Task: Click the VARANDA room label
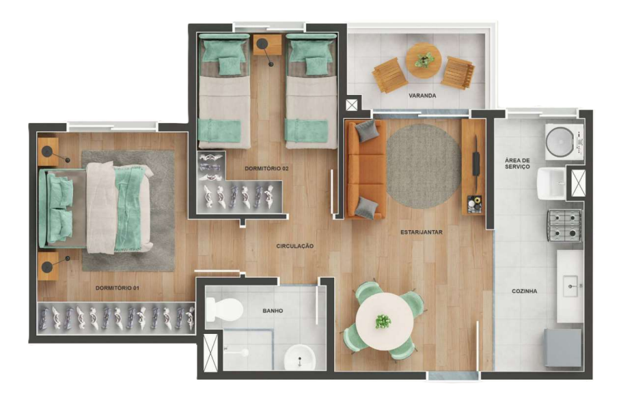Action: coord(422,96)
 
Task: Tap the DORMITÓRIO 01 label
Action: coord(118,288)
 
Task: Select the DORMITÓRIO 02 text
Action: coord(266,169)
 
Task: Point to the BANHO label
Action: coord(273,311)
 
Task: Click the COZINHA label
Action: coord(524,291)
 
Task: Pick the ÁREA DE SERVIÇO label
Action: coord(517,163)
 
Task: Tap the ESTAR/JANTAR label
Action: coord(422,232)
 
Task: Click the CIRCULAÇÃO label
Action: coord(295,246)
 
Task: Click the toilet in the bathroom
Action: coord(224,309)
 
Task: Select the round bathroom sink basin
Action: coord(300,358)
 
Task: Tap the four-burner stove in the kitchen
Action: coord(564,225)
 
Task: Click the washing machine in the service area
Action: coord(564,141)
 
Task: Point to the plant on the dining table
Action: coord(382,321)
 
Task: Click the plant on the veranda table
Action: coord(424,59)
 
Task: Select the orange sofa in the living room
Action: coord(365,169)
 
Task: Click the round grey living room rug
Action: coord(424,166)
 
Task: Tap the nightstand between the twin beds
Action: coord(267,45)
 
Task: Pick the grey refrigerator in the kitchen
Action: coord(562,348)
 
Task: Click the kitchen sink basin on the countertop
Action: coord(570,285)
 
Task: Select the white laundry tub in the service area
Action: coord(551,183)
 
